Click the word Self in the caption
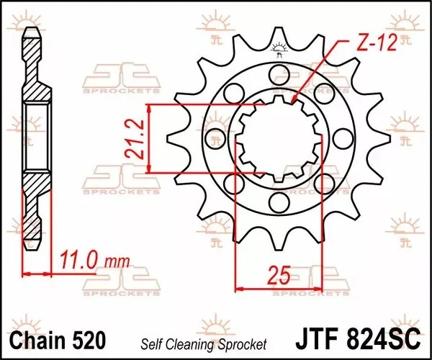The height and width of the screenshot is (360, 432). (x=161, y=343)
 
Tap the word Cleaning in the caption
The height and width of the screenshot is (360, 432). (x=199, y=343)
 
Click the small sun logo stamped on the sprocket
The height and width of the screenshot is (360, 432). (x=279, y=49)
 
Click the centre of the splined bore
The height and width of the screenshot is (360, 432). (x=279, y=138)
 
